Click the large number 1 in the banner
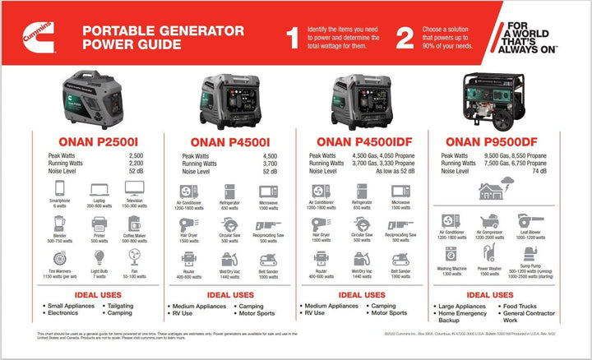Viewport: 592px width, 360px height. pyautogui.click(x=293, y=37)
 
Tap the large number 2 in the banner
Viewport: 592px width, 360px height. pyautogui.click(x=405, y=37)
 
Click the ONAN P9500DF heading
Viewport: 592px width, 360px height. pyautogui.click(x=498, y=140)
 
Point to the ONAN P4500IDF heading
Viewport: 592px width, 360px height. pyautogui.click(x=363, y=140)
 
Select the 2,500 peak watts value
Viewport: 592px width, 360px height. pyautogui.click(x=136, y=155)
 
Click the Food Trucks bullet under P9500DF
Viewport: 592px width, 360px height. pyautogui.click(x=524, y=306)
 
